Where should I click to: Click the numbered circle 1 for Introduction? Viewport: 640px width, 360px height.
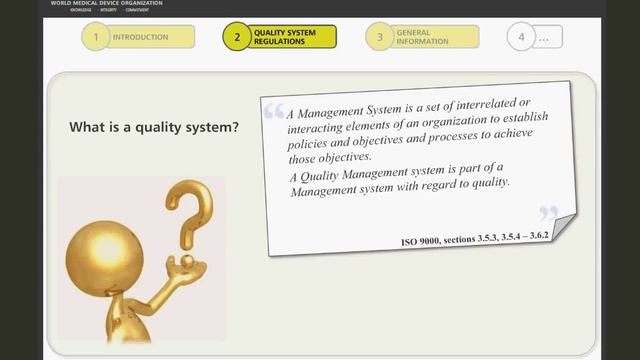[95, 37]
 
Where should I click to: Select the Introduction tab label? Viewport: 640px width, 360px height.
[140, 37]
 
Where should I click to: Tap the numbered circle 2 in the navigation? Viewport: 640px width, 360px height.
[237, 38]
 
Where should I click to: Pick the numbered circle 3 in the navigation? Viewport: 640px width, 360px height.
[379, 38]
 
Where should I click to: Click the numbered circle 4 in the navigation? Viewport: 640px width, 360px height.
[520, 38]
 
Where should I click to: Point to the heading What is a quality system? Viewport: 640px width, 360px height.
[153, 128]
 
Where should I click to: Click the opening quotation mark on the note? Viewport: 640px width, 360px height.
[274, 111]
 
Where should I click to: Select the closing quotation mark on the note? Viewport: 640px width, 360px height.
[548, 213]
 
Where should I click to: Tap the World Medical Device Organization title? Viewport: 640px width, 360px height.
[106, 3]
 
